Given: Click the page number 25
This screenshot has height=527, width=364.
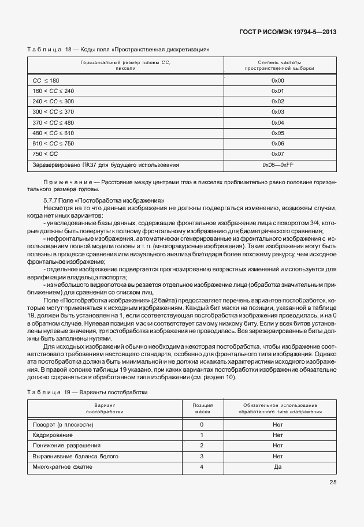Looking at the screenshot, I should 333,483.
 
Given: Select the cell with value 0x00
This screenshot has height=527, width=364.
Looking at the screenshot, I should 278,80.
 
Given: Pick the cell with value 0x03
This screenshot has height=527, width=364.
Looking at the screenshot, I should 278,112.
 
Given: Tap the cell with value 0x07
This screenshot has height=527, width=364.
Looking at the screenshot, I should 278,154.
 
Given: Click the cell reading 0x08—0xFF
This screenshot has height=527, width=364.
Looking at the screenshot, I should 278,165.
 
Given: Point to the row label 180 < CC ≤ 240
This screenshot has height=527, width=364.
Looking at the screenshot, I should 54,91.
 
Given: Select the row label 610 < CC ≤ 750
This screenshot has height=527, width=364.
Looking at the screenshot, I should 54,144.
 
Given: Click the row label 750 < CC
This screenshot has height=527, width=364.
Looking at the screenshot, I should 46,154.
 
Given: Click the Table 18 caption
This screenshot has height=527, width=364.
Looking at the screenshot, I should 118,50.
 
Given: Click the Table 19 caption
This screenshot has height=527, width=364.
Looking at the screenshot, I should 87,393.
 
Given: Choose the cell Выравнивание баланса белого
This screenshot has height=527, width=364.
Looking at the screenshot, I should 72,456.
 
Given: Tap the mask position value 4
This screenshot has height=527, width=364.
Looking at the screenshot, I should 202,466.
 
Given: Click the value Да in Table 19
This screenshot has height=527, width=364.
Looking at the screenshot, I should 277,466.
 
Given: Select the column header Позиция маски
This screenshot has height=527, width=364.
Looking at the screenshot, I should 202,409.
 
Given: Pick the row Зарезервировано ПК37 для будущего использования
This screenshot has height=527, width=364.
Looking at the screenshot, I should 106,165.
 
